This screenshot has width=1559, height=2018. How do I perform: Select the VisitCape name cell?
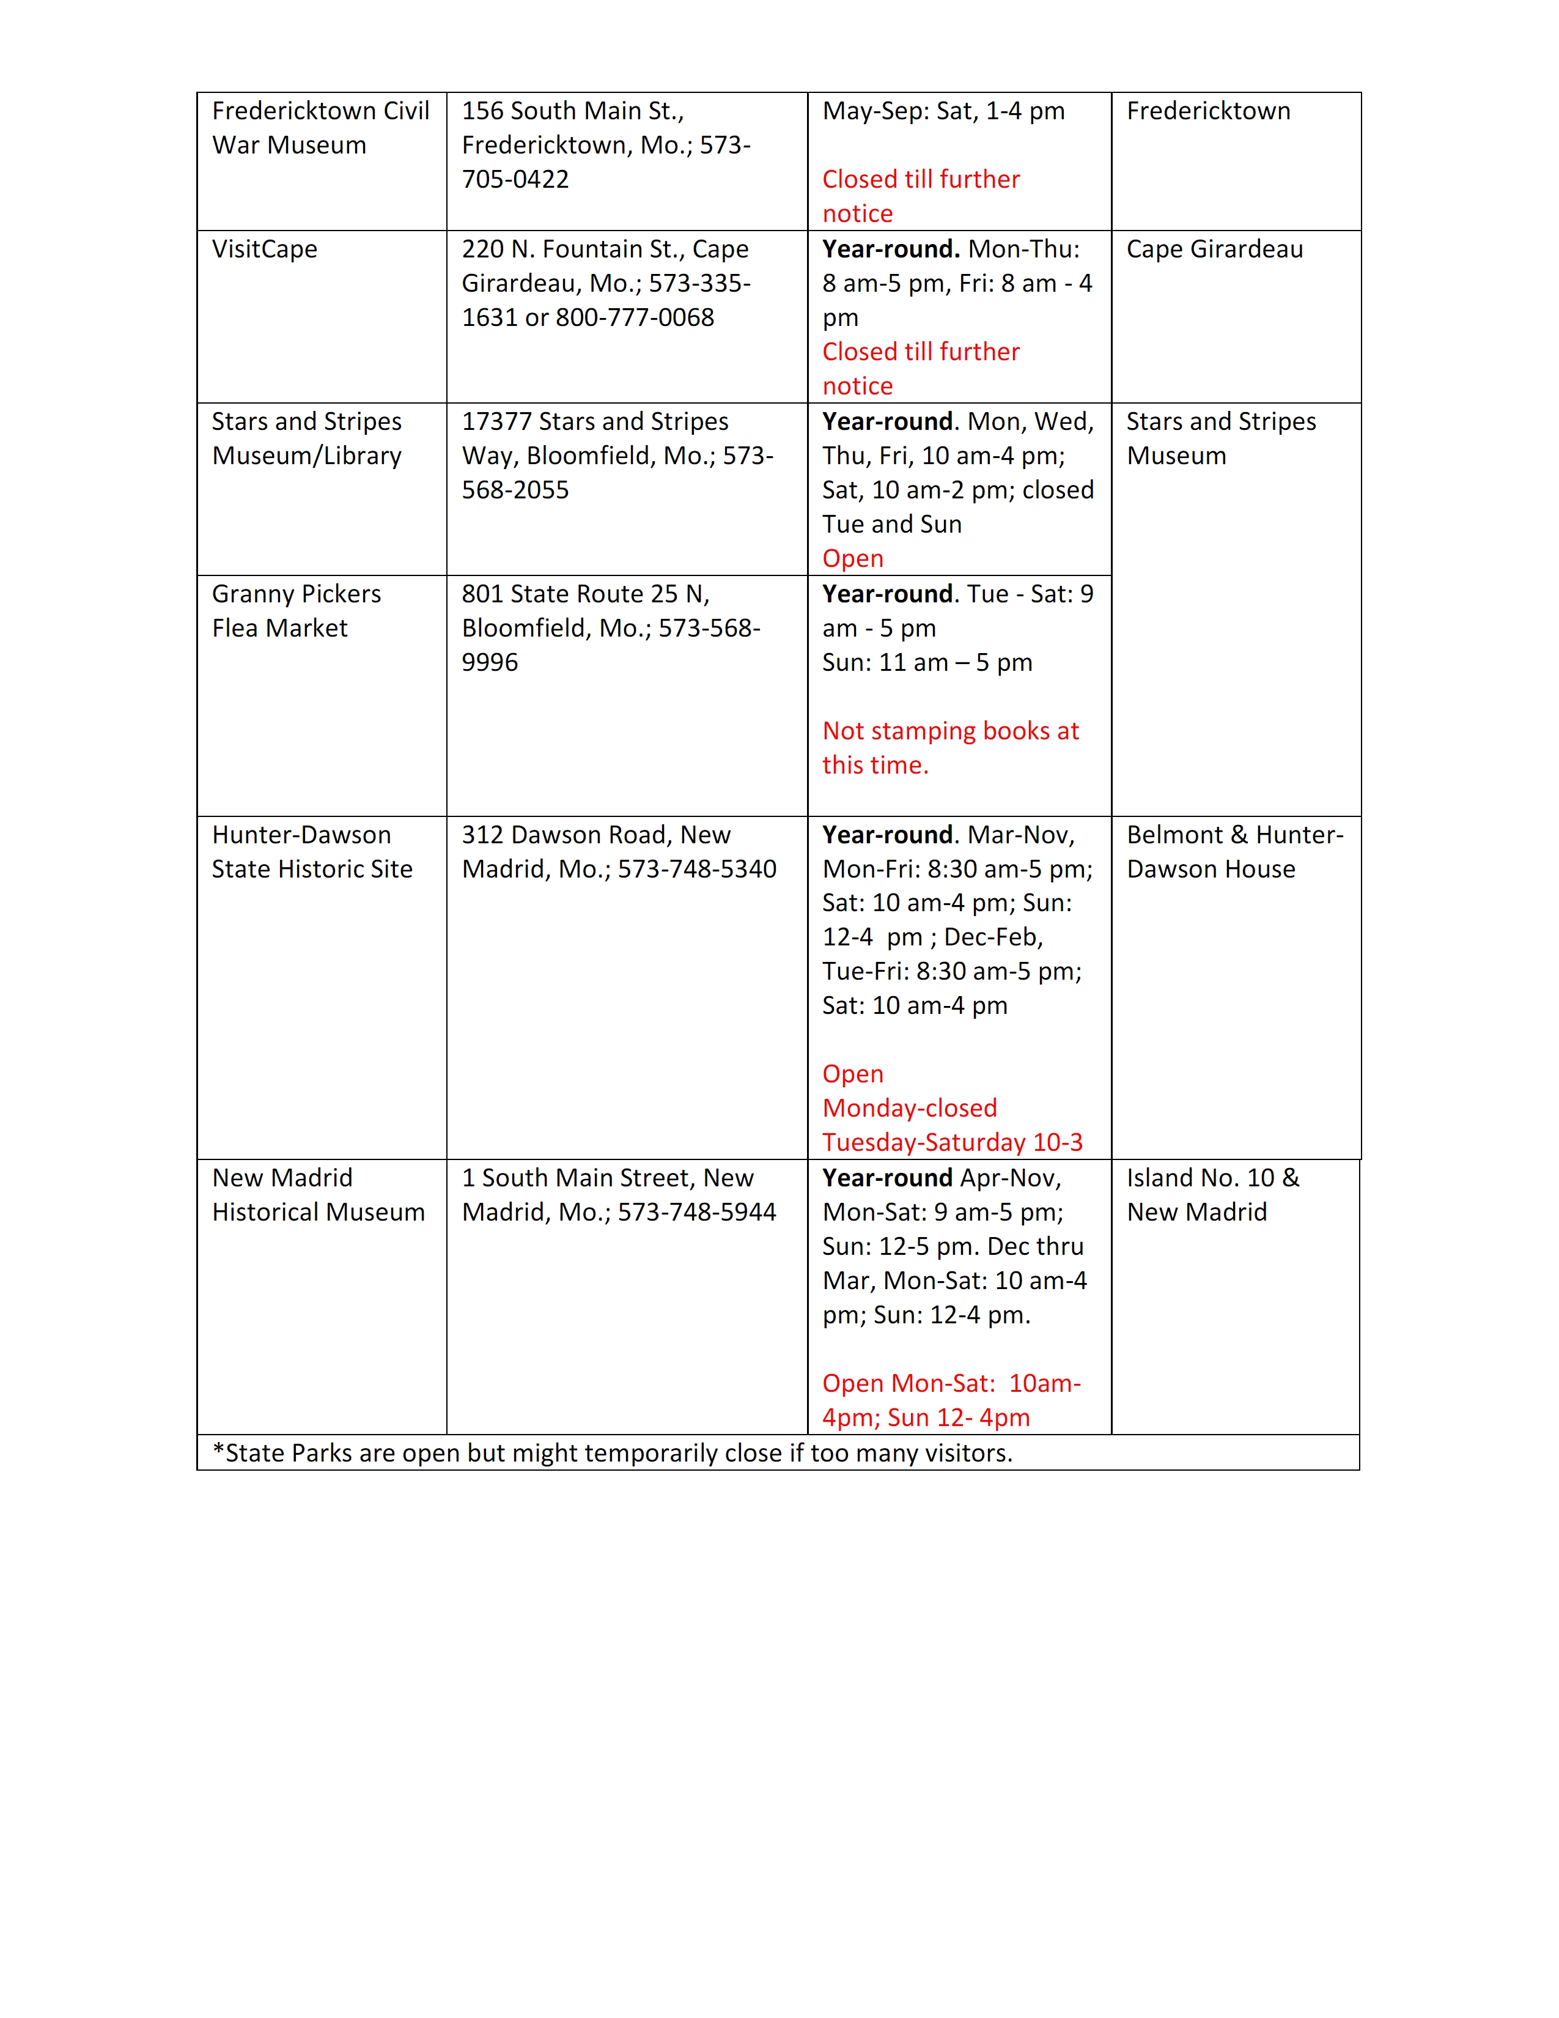click(265, 249)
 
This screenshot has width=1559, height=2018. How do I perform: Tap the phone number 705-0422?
click(515, 179)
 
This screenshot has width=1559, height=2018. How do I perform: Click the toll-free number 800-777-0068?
click(635, 318)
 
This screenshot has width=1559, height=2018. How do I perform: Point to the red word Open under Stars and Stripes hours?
click(852, 559)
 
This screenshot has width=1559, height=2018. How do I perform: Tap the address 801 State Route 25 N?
click(586, 594)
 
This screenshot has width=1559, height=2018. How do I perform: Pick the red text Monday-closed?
click(910, 1108)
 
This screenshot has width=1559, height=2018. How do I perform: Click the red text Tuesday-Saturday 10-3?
click(952, 1143)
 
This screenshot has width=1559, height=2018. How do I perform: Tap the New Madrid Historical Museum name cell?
click(318, 1195)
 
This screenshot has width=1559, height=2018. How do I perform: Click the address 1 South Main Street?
click(608, 1178)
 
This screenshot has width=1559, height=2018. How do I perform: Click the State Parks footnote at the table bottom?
click(613, 1454)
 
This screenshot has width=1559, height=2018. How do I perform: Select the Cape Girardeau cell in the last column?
click(1215, 249)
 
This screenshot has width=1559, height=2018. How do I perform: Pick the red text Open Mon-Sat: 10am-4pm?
click(951, 1401)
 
